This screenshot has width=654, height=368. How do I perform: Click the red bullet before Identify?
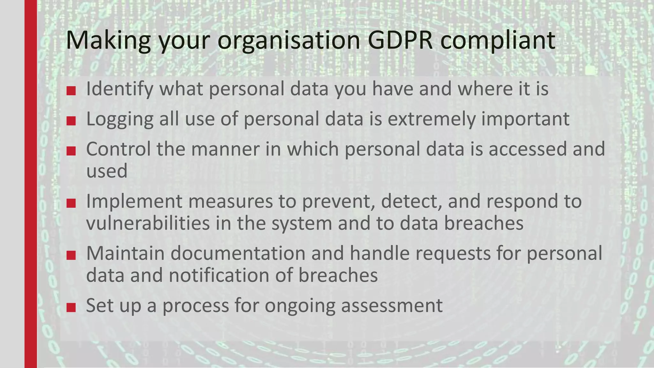(71, 91)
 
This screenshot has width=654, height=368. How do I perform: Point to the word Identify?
(120, 89)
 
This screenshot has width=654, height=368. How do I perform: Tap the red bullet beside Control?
(71, 151)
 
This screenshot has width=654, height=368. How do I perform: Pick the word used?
(107, 171)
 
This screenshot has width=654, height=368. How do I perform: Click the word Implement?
(134, 202)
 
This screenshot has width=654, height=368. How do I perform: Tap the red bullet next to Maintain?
(71, 255)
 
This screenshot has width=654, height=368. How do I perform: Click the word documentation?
(238, 253)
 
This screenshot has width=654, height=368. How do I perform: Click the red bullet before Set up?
(71, 308)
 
